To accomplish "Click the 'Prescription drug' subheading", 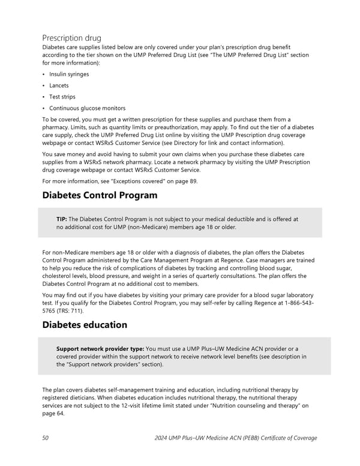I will (71, 38).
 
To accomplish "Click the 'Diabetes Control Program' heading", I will (100, 195).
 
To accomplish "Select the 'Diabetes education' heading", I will (85, 324).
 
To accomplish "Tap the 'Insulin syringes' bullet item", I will (69, 74).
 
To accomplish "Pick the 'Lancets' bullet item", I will (59, 85).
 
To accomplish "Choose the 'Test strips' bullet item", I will (62, 97).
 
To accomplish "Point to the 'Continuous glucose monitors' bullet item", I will (88, 108).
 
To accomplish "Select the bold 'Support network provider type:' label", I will (100, 349).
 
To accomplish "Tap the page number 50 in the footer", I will (46, 438).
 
